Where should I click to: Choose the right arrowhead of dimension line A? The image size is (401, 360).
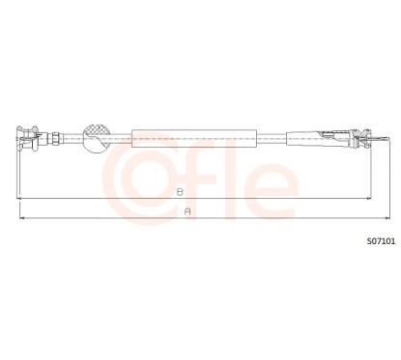pos(382,218)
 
